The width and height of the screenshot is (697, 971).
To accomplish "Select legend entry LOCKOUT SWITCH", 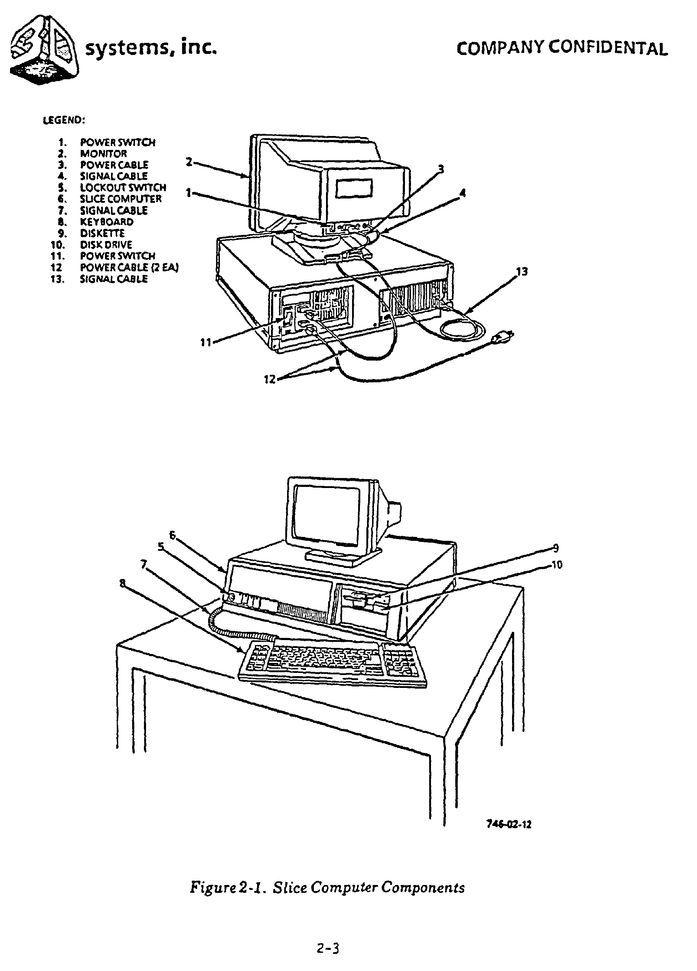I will coord(122,187).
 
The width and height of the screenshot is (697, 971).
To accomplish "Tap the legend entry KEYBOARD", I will coord(107,222).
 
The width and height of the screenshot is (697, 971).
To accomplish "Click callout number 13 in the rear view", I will coord(522,271).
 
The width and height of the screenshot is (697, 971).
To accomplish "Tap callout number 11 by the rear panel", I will coord(206,342).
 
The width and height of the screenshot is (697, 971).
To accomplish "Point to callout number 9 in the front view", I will coord(556,548).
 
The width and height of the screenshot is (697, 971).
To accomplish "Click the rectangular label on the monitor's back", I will coord(353,188).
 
